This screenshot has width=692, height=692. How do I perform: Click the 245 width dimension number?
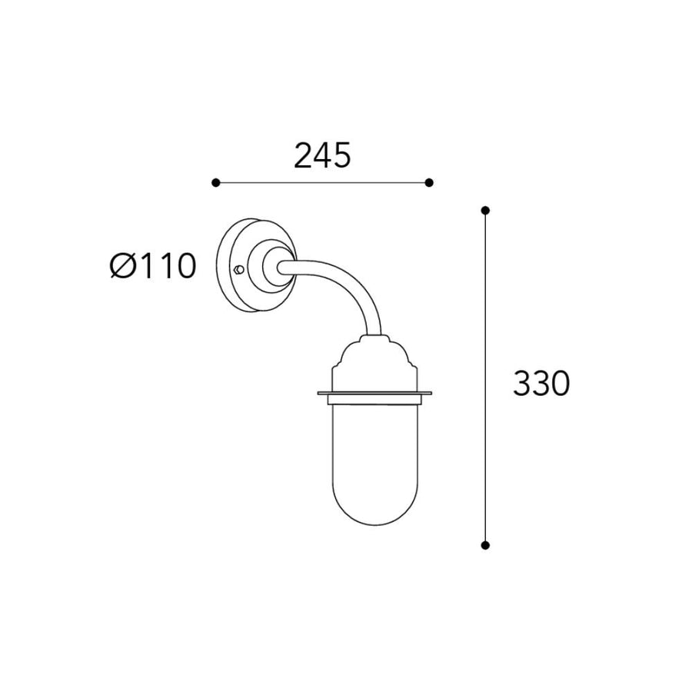point(322,155)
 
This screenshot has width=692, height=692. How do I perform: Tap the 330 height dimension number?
point(541,383)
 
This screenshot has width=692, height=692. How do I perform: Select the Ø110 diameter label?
point(153,266)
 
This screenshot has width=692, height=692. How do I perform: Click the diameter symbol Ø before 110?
point(121,266)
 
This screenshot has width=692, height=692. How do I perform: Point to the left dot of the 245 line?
point(215,183)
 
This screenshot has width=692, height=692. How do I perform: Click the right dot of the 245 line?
point(429,183)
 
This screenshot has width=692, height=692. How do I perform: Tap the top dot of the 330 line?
point(485,210)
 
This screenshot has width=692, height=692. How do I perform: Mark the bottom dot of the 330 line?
point(485,545)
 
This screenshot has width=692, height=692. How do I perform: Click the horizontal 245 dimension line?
point(322,183)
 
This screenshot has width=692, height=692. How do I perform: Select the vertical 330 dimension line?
point(485,378)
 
